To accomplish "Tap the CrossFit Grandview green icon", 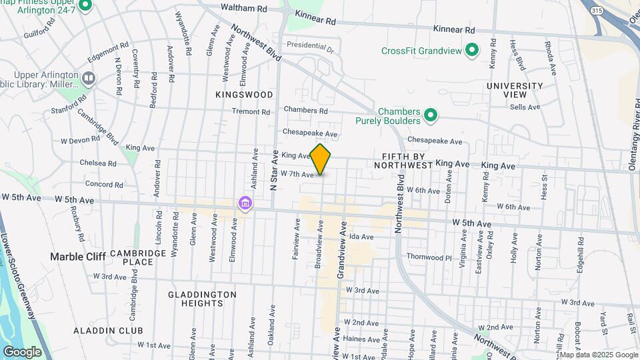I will click(472, 51).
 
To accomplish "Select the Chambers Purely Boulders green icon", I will click(431, 116).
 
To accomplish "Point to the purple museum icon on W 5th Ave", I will click(245, 202).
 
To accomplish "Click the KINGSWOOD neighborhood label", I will click(244, 95).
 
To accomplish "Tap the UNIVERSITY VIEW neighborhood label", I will click(515, 90).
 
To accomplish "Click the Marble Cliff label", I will click(75, 257).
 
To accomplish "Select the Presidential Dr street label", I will click(310, 46).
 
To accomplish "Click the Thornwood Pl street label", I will click(429, 257).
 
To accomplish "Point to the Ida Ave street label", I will click(361, 237).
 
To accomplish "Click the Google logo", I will click(22, 351).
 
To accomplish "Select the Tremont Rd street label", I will click(251, 112).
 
